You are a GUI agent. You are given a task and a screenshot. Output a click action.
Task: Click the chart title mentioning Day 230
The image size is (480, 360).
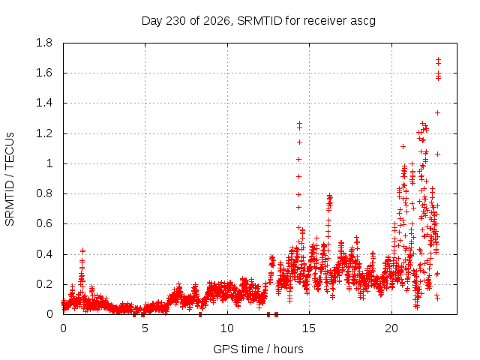click(258, 21)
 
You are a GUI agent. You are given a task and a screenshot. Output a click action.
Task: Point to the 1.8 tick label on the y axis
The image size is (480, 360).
click(44, 43)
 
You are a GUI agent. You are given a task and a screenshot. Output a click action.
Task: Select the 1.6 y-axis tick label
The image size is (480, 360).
click(44, 73)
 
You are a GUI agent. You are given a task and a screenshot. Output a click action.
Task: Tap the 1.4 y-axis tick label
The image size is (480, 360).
click(44, 103)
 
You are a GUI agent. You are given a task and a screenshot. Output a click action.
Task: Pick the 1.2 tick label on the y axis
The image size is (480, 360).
click(44, 133)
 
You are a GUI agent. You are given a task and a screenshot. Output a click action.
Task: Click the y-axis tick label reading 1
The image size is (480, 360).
click(49, 163)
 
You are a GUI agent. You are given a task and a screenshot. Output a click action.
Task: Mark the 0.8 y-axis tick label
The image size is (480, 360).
click(44, 193)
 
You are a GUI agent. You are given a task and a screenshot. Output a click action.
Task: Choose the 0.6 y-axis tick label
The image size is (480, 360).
click(44, 223)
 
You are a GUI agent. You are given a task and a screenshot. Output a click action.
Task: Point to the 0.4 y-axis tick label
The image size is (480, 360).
click(44, 254)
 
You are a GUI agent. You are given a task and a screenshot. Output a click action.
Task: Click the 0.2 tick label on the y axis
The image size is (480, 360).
click(44, 284)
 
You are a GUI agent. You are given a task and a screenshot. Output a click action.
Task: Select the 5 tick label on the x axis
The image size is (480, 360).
click(145, 328)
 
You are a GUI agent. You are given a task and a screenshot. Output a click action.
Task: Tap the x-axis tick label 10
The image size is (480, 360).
click(227, 328)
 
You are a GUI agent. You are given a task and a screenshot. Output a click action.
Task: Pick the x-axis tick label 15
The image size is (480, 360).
click(309, 328)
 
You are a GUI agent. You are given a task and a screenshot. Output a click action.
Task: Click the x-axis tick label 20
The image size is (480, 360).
click(391, 328)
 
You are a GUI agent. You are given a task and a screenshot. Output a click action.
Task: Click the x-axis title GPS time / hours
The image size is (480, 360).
click(258, 349)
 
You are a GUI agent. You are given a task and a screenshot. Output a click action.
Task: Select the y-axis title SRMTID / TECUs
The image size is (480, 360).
click(10, 179)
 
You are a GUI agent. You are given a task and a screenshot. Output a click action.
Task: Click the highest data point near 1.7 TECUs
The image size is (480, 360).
click(438, 59)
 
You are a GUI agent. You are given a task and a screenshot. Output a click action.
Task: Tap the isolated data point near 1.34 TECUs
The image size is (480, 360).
click(438, 113)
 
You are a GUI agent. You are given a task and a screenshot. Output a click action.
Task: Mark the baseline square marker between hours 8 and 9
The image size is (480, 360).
click(200, 314)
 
